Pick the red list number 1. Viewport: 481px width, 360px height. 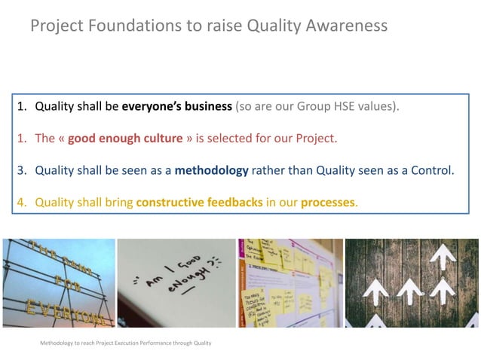click(x=22, y=139)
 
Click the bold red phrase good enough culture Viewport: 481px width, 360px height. click(x=125, y=139)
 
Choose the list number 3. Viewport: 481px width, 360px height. click(x=22, y=170)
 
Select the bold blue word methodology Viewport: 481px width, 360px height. click(x=211, y=170)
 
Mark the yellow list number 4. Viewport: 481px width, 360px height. click(x=22, y=203)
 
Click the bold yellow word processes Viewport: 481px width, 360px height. click(x=328, y=203)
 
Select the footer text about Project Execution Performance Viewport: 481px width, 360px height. click(x=125, y=343)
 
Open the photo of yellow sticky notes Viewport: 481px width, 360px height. click(x=290, y=283)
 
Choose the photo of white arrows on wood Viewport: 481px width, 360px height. click(x=412, y=283)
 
